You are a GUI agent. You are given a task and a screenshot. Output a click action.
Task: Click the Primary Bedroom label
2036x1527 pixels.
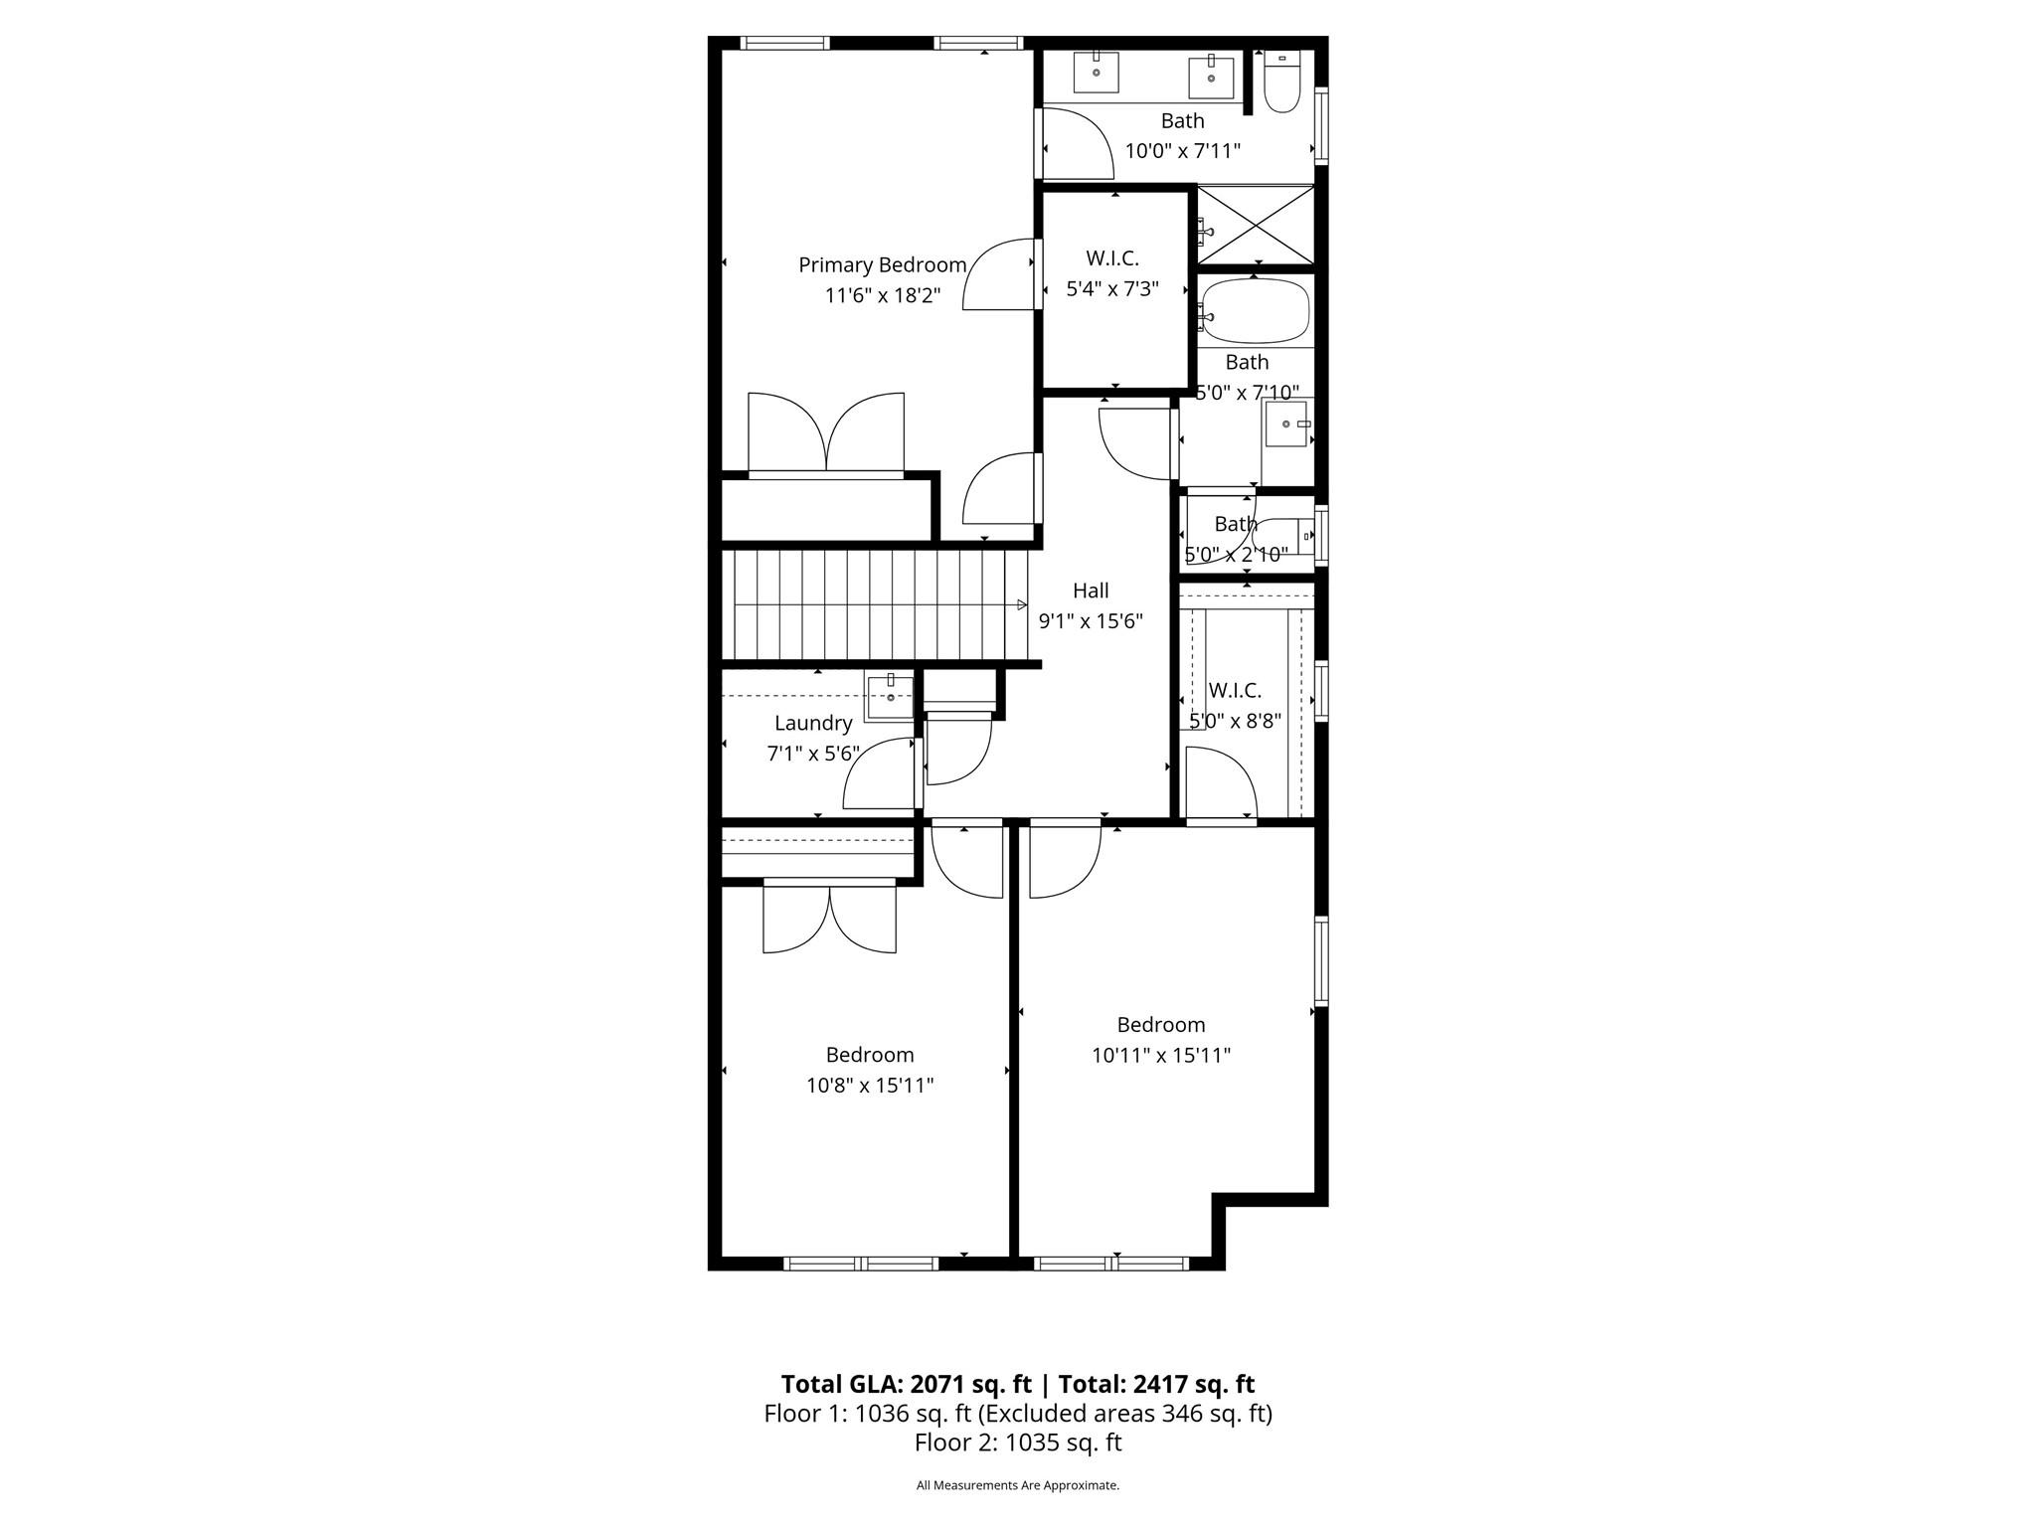[x=882, y=265]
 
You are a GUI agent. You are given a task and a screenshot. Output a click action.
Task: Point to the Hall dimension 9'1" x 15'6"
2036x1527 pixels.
[x=1091, y=621]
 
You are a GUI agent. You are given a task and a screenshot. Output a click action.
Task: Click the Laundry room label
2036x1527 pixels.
[x=813, y=724]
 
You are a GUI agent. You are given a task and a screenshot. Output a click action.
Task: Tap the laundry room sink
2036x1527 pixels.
[x=890, y=697]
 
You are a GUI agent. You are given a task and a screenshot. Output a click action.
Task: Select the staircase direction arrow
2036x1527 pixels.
[x=1021, y=604]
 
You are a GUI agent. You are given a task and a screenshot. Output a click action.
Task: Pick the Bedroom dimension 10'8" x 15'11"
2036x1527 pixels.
[x=870, y=1086]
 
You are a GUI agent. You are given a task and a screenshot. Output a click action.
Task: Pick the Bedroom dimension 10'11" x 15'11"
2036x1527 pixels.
[x=1160, y=1056]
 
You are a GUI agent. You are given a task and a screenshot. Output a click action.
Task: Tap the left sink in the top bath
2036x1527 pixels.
[x=1097, y=72]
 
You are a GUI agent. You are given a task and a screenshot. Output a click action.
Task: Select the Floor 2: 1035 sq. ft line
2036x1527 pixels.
[x=1018, y=1442]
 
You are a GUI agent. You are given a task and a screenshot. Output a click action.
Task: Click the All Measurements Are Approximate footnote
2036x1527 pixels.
[x=1018, y=1485]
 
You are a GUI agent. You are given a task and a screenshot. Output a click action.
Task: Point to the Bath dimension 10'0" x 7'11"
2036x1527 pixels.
[x=1182, y=151]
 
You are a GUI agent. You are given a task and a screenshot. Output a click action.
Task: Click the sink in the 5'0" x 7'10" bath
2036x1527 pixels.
[x=1286, y=424]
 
